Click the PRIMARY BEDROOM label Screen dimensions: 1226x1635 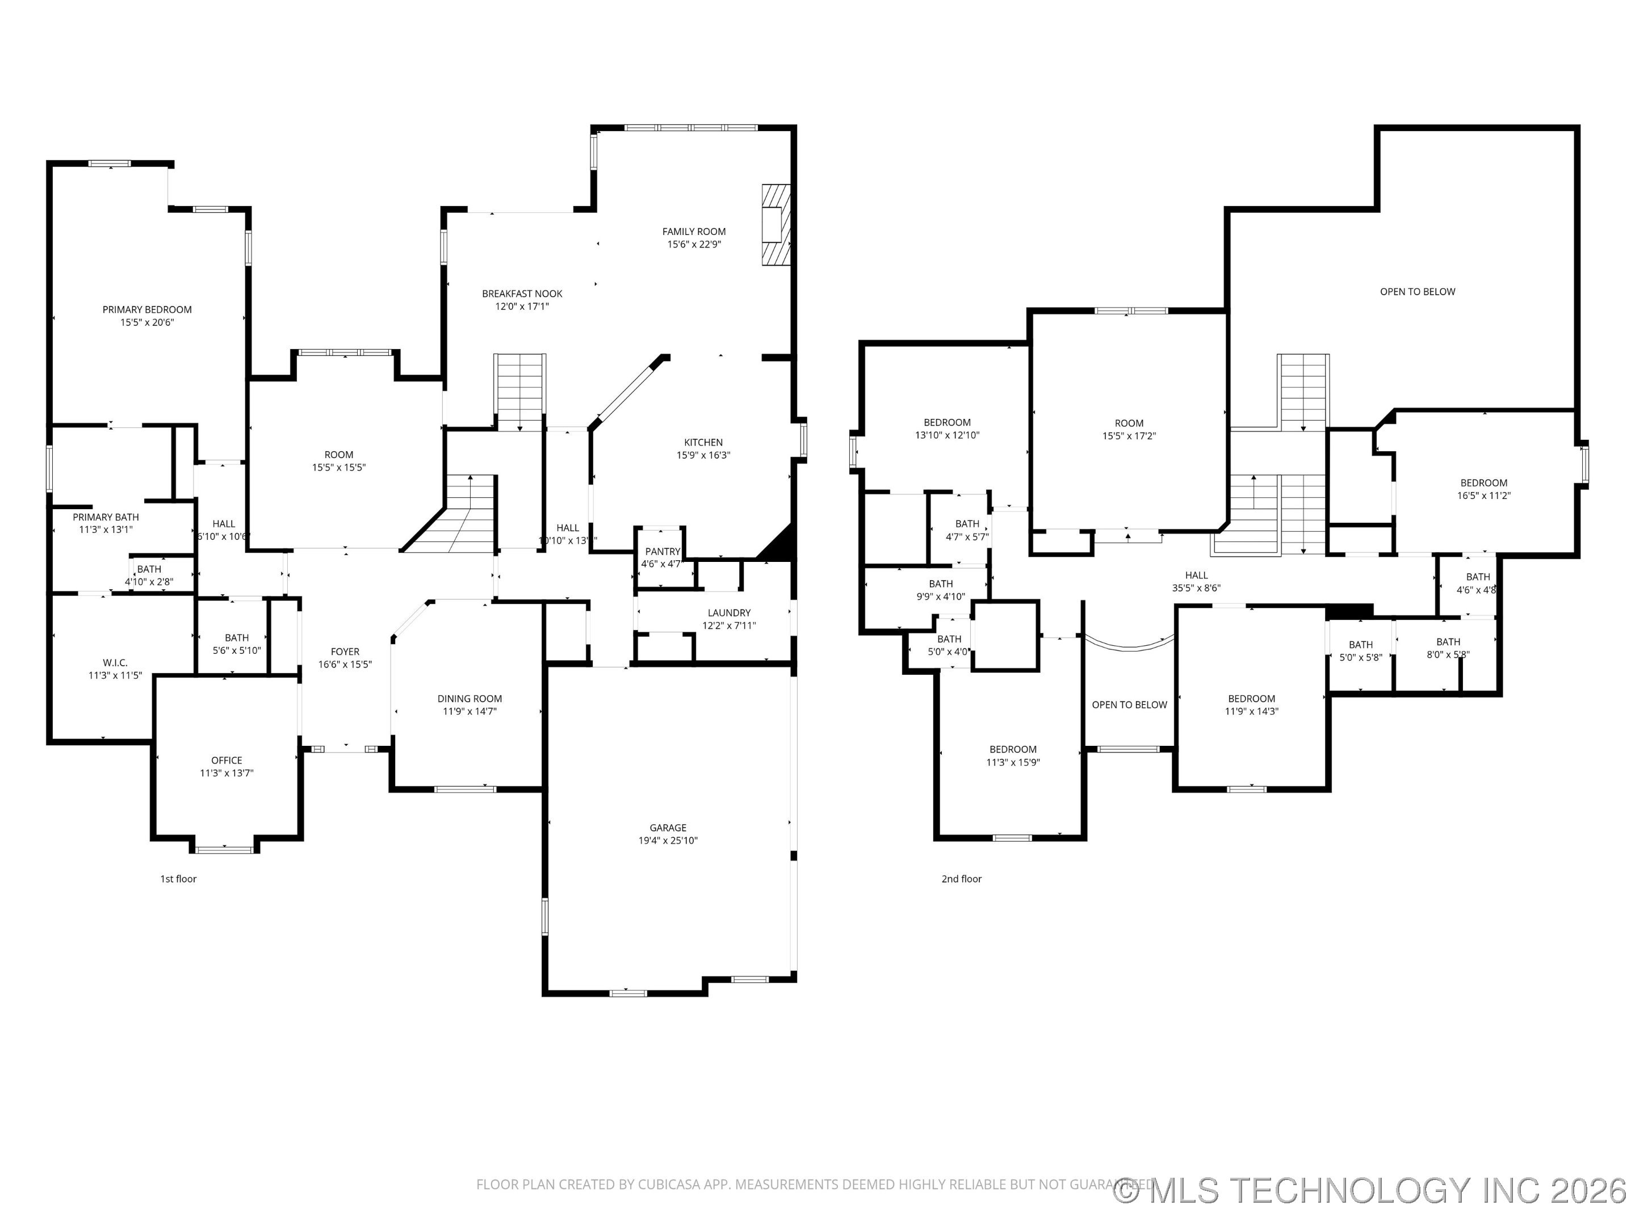(147, 310)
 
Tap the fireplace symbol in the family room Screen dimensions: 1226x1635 (776, 225)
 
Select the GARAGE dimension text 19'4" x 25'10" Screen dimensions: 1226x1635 (668, 840)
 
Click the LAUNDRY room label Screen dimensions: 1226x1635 (729, 612)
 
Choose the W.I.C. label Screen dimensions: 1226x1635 (115, 663)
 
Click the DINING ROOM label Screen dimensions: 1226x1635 (469, 698)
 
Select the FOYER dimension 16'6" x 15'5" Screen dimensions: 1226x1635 (345, 664)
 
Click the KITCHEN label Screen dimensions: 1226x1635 (703, 442)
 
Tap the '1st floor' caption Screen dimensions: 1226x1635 (178, 879)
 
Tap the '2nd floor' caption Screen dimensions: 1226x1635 (961, 879)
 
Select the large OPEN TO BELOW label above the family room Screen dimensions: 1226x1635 (1417, 292)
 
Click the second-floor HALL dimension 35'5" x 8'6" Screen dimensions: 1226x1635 (1196, 588)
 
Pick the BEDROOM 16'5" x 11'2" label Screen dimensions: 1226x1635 (1483, 482)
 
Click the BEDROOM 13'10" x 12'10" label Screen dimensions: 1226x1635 (947, 423)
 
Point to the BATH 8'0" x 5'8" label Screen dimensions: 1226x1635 (1448, 641)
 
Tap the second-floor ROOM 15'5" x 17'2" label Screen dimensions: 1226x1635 (1129, 423)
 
